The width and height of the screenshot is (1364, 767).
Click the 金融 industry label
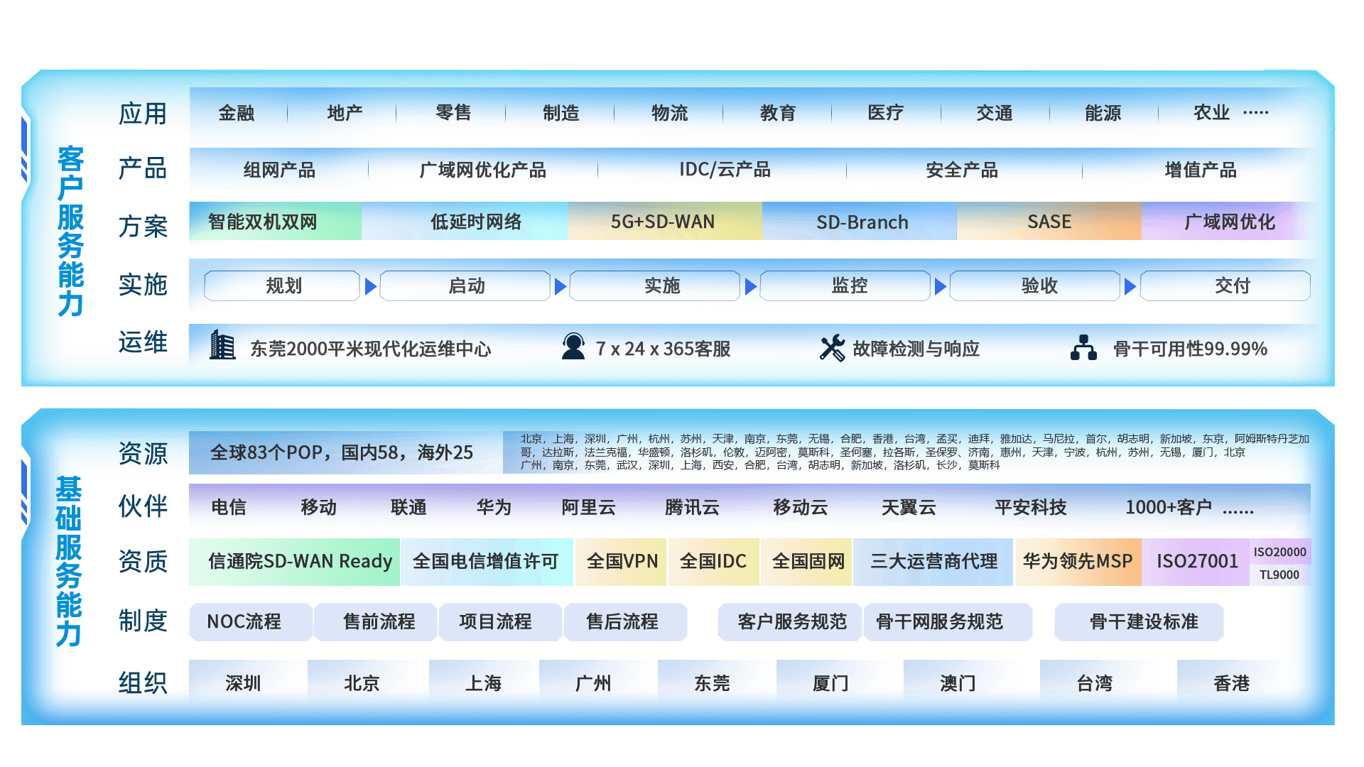pos(236,113)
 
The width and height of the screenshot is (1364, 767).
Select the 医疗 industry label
pos(885,113)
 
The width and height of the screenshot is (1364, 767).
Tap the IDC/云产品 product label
pos(724,170)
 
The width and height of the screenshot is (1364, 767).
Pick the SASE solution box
pos(1049,222)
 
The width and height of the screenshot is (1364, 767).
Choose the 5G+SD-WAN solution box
pos(664,222)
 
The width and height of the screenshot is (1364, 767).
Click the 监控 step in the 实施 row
pos(849,285)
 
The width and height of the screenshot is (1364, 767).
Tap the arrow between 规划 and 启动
pos(370,286)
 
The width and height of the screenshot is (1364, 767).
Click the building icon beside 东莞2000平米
pos(222,346)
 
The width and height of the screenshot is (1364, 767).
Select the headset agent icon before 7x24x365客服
pos(573,347)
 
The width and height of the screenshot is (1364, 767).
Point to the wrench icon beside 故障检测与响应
pos(832,347)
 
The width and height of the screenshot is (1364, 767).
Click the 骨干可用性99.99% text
pos(1190,349)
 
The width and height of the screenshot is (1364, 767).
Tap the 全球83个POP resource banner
pos(342,452)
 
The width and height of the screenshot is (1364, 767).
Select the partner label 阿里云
pos(588,507)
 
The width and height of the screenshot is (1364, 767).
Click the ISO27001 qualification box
pos(1196,561)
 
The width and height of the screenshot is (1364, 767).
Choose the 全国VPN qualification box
pos(622,561)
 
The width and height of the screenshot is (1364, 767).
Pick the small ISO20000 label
pos(1279,552)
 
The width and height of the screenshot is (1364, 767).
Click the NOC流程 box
pos(244,621)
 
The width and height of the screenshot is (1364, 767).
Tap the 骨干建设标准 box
pos(1143,621)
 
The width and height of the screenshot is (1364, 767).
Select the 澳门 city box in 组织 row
pos(957,682)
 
